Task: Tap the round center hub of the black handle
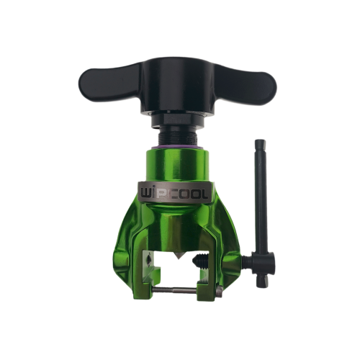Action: coord(179,87)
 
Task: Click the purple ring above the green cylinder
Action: coord(178,146)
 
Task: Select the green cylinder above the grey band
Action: coord(178,164)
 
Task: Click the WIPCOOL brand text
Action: coord(174,194)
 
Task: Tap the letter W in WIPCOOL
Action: coord(148,194)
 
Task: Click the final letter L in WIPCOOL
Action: coord(203,194)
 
